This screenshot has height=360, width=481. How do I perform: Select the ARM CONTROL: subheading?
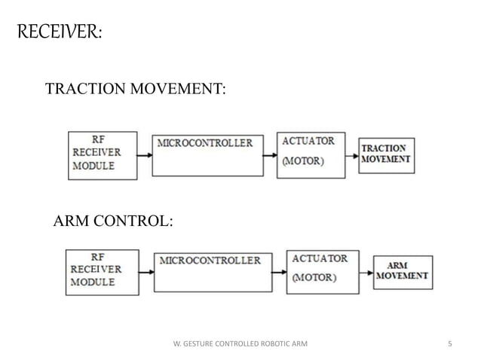112,221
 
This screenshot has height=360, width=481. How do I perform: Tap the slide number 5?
449,344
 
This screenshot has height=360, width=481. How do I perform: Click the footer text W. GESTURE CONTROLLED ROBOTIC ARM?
240,344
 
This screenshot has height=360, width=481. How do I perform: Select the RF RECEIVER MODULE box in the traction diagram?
103,154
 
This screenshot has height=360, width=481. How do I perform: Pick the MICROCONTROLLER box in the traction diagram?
208,155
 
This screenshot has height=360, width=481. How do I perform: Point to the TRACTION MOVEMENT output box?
386,154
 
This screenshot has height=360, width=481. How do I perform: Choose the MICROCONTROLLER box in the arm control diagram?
214,272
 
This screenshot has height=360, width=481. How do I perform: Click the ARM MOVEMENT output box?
403,271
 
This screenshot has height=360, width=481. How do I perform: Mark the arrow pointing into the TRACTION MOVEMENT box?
351,156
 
